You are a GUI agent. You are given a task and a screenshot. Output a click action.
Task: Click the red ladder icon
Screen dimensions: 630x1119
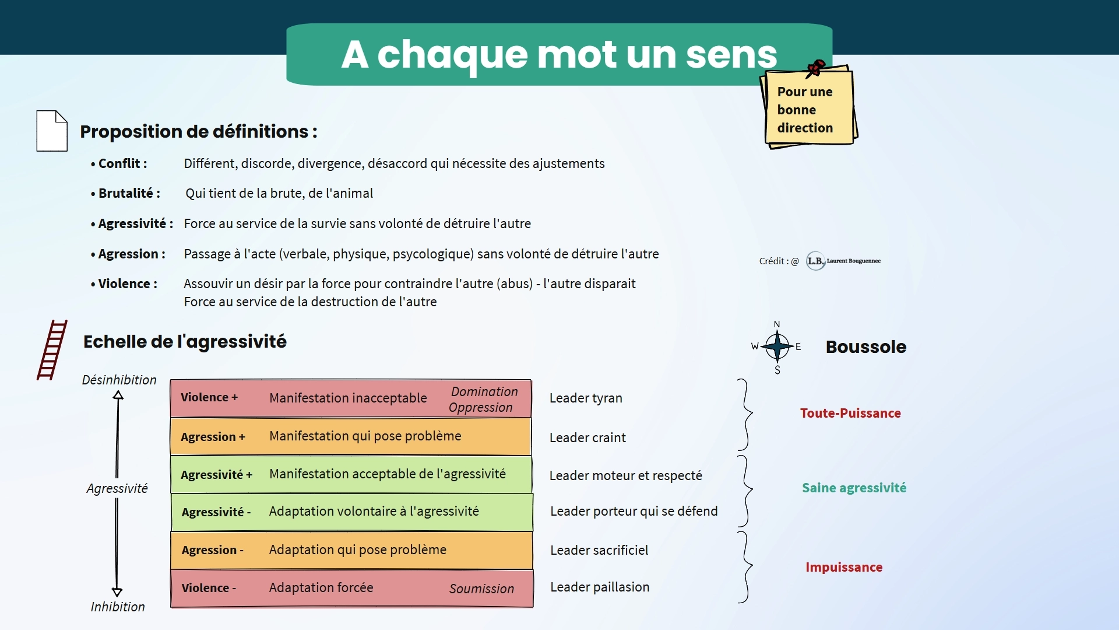[52, 350]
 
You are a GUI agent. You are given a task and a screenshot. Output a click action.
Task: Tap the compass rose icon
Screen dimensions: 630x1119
[777, 346]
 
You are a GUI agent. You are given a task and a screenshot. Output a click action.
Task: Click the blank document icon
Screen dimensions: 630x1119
[52, 131]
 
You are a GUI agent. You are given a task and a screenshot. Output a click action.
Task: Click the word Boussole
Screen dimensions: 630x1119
[865, 346]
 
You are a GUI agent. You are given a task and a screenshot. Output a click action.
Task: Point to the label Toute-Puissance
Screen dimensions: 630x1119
[850, 413]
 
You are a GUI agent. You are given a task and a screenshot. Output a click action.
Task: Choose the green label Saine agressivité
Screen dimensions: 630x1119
[854, 488]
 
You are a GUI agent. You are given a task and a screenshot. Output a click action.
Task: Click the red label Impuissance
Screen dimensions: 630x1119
[844, 567]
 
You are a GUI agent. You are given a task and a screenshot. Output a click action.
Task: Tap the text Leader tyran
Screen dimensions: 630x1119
[586, 398]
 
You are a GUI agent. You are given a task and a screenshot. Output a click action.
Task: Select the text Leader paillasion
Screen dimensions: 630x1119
[600, 587]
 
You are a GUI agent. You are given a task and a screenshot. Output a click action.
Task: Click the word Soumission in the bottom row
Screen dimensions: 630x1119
[481, 589]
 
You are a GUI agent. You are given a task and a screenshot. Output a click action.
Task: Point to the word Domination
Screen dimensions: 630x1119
[484, 391]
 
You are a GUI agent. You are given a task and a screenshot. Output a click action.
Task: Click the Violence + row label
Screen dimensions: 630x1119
[209, 397]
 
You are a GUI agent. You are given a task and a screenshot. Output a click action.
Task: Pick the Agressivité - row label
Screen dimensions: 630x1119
[216, 512]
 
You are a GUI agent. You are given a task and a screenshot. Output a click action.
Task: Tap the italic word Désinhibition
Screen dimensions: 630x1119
[119, 380]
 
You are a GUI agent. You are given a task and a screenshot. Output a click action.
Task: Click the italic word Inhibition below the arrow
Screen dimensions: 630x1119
[118, 607]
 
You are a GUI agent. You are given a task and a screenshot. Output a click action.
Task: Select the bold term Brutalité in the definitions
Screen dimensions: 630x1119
[126, 193]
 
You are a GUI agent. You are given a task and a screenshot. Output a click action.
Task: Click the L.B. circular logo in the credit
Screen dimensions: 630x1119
[815, 261]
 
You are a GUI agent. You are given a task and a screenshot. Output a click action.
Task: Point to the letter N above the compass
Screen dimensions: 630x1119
[777, 324]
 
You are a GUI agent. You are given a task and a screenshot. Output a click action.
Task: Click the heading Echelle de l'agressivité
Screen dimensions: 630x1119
[185, 341]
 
